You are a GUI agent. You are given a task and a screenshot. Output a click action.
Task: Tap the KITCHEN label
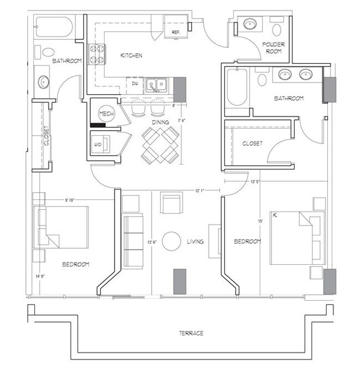[132, 56]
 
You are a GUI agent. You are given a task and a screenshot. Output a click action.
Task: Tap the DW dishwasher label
[135, 84]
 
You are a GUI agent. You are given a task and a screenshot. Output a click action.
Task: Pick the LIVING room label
[196, 241]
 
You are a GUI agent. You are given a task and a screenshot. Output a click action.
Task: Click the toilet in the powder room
[277, 27]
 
